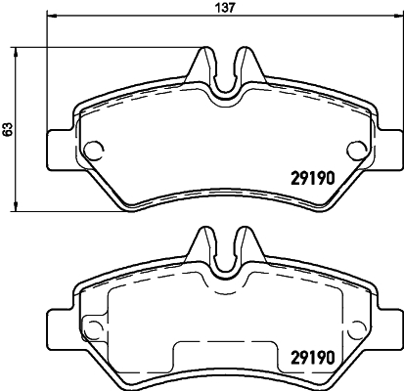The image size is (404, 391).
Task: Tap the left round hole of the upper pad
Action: [x=95, y=151]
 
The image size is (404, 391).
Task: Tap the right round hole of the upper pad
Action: [x=352, y=151]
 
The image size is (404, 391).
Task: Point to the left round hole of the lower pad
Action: [x=95, y=328]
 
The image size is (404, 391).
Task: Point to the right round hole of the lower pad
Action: [x=352, y=328]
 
